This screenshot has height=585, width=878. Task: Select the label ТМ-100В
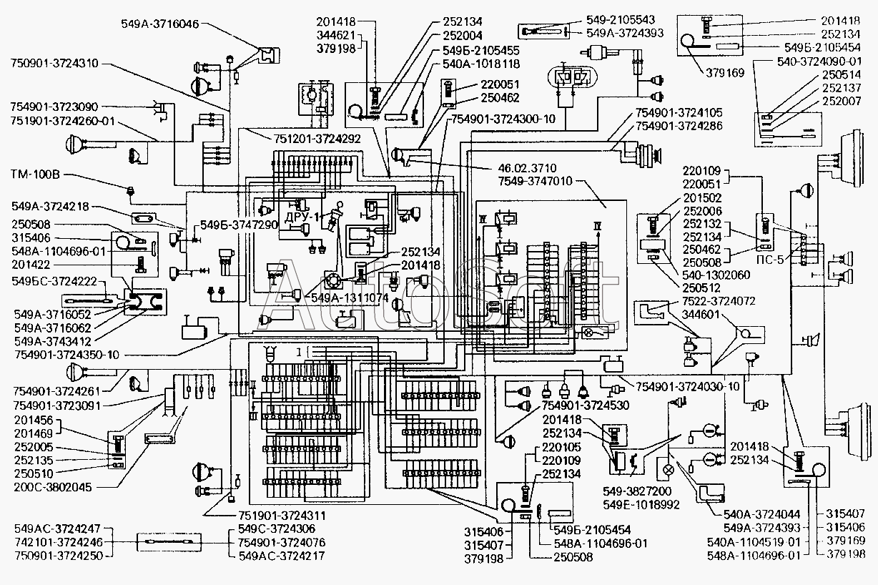click(36, 174)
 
